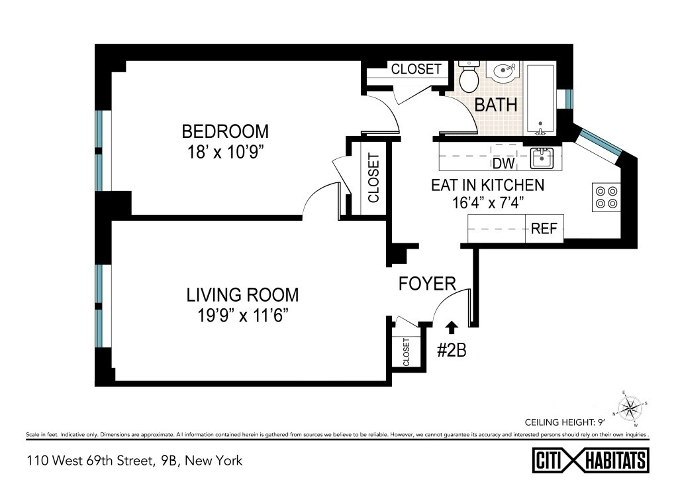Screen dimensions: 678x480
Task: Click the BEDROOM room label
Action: (x=225, y=131)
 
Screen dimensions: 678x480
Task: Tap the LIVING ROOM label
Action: (x=242, y=295)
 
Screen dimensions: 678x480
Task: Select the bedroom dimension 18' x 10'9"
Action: (x=225, y=152)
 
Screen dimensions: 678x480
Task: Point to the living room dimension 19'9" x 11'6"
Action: (x=242, y=316)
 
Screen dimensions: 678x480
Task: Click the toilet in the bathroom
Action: (x=468, y=77)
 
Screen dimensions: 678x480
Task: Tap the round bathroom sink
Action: (x=503, y=70)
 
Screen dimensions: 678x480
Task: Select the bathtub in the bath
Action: (x=540, y=99)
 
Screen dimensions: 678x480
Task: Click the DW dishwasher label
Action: (x=504, y=164)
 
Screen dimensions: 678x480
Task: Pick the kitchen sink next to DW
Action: (x=542, y=158)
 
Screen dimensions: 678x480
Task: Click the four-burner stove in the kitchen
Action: (x=606, y=198)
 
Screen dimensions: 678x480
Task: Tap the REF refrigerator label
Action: (x=544, y=229)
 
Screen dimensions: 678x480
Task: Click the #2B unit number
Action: (x=452, y=350)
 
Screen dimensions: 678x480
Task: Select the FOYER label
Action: (x=427, y=284)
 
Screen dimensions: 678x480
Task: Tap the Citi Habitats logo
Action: (x=591, y=460)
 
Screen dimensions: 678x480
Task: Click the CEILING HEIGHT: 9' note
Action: (x=565, y=422)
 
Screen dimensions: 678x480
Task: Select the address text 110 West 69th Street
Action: (x=90, y=461)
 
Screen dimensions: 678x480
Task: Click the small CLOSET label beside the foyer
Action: (x=406, y=352)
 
